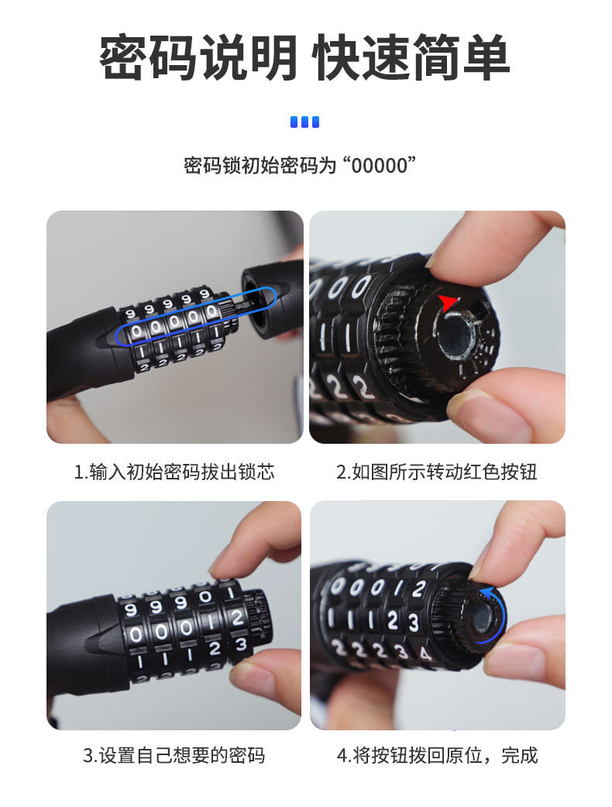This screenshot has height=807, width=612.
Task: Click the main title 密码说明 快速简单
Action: pyautogui.click(x=304, y=57)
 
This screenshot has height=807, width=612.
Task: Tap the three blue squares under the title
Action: pyautogui.click(x=304, y=122)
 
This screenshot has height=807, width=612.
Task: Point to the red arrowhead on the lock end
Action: pyautogui.click(x=447, y=303)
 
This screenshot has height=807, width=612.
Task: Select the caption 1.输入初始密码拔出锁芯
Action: pyautogui.click(x=174, y=472)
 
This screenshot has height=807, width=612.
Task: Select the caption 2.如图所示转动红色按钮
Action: pyautogui.click(x=436, y=472)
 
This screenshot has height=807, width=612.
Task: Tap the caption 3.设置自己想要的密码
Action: pyautogui.click(x=174, y=756)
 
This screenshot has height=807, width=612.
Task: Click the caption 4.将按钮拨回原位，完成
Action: pyautogui.click(x=437, y=756)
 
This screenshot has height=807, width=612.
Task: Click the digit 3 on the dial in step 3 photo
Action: pyautogui.click(x=241, y=644)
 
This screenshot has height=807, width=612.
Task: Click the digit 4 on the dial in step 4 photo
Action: pyautogui.click(x=425, y=654)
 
